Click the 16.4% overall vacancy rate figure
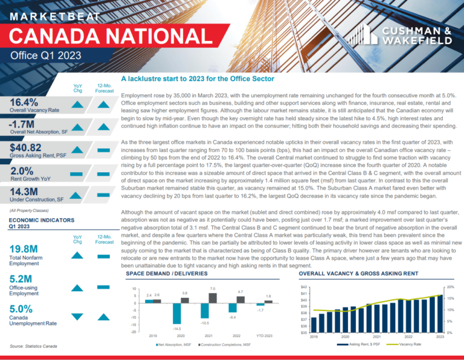(x=24, y=102)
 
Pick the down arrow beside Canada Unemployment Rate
(x=77, y=317)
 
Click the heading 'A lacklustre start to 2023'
(x=198, y=79)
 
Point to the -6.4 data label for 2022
(x=232, y=317)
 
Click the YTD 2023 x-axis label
(x=264, y=336)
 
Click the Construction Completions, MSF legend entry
(x=224, y=344)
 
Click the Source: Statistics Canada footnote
(x=33, y=346)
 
